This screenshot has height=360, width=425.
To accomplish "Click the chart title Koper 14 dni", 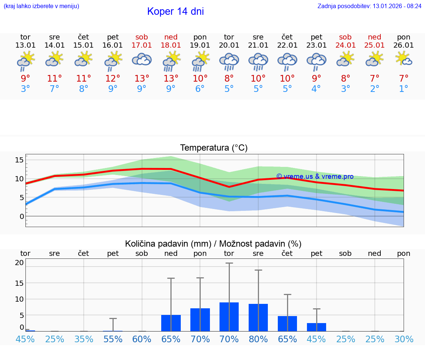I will (175, 11).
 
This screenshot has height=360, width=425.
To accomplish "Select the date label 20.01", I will (229, 45).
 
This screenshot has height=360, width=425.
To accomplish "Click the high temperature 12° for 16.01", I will (113, 79).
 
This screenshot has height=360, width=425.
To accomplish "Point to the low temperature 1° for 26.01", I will (404, 89).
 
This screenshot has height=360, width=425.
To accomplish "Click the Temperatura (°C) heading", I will (214, 148).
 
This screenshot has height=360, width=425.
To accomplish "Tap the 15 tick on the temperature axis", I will (19, 160).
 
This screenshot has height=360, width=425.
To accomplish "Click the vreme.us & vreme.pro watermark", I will (315, 176).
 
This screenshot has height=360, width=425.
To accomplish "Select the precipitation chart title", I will (213, 244).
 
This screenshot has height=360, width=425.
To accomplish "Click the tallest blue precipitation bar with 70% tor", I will (229, 317).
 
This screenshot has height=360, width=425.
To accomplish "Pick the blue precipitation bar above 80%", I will (258, 318).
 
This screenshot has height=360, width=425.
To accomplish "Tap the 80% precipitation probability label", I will (258, 339).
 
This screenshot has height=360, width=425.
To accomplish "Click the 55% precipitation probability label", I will (113, 339).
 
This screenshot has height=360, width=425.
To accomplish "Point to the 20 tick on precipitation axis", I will (19, 263).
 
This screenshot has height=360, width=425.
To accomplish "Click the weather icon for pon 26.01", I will (404, 59).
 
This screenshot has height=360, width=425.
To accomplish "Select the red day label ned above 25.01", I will (375, 37).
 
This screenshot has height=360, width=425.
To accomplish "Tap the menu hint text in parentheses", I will (41, 6).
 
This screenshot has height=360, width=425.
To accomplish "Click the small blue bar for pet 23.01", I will (317, 327).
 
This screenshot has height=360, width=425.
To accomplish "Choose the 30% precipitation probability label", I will (404, 339).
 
